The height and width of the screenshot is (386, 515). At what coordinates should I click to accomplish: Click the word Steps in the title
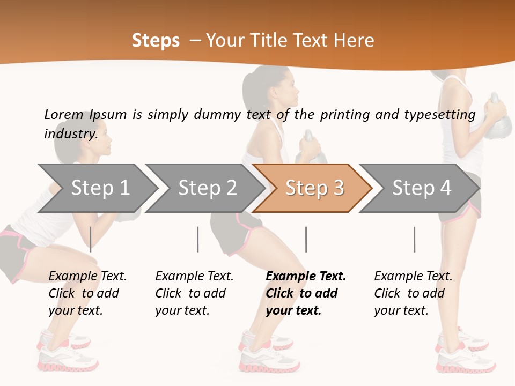(x=156, y=41)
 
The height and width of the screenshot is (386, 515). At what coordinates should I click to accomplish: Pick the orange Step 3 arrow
(x=314, y=188)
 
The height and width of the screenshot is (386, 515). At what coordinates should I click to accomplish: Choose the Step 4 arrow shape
(x=421, y=188)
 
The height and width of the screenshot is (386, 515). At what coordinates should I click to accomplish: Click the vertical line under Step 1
(x=91, y=239)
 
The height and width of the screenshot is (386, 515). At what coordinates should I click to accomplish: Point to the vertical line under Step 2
(x=198, y=239)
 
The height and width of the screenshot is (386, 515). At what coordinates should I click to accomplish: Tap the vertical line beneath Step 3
(x=306, y=239)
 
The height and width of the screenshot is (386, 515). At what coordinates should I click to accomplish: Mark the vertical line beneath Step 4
(x=414, y=239)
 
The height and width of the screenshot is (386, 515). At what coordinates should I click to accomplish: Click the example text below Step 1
(x=87, y=293)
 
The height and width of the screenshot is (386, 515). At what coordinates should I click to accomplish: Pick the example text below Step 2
(x=194, y=293)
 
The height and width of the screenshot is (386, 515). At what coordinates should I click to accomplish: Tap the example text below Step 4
(x=413, y=293)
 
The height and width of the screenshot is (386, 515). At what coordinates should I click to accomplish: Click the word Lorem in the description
(x=63, y=114)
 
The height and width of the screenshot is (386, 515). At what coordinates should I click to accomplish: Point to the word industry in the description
(x=70, y=133)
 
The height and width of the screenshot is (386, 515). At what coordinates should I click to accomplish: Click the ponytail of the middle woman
(x=251, y=88)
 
